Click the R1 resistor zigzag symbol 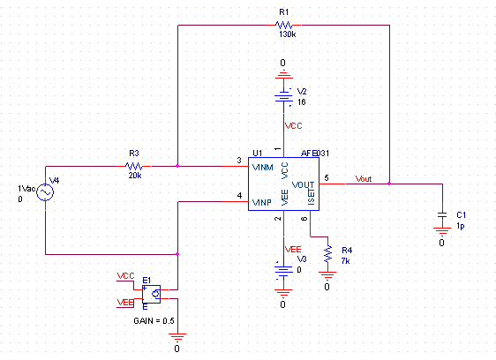tap(284, 25)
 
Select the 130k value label tap(287, 34)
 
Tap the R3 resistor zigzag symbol tap(134, 166)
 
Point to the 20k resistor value tap(135, 176)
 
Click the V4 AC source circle tap(45, 192)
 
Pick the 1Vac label tap(26, 189)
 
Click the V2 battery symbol tap(284, 97)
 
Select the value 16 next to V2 tap(302, 102)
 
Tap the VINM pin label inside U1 tap(262, 167)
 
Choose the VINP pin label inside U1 tap(262, 202)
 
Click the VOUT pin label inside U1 tap(303, 184)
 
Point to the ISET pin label tap(312, 196)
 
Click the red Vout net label tap(364, 179)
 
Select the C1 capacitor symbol tap(442, 214)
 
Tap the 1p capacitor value tap(460, 226)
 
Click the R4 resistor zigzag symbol tap(327, 254)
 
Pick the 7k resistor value tap(345, 261)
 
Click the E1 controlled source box tap(151, 294)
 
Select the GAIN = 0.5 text tap(154, 321)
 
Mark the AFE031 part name tap(315, 154)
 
